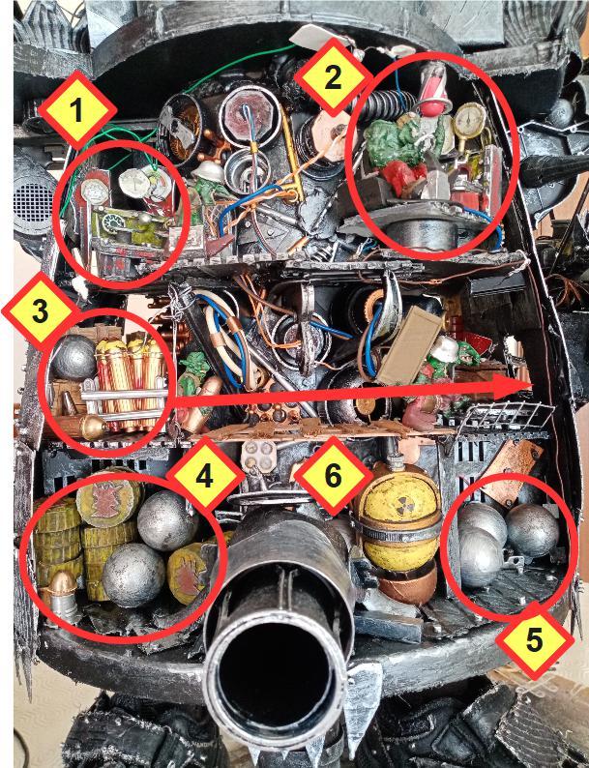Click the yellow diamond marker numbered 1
76,110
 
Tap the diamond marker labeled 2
332,78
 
